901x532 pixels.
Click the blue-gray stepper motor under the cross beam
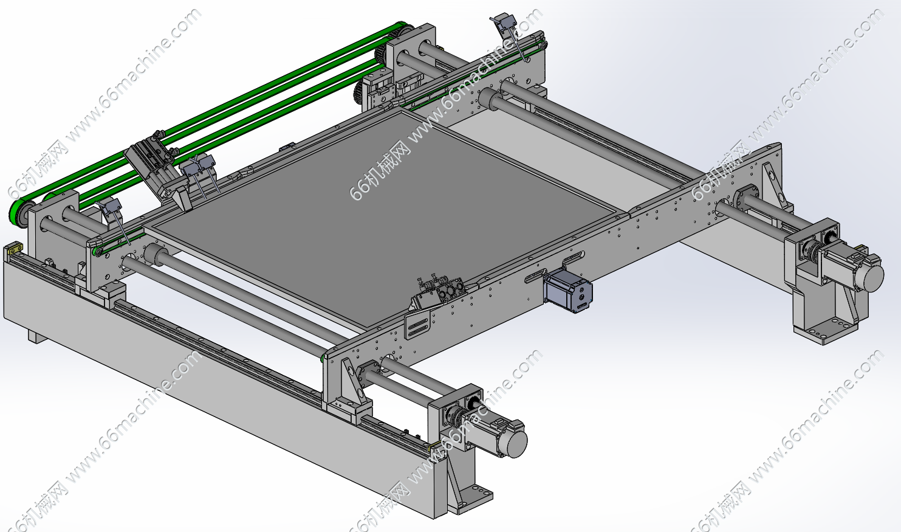click(567, 291)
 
